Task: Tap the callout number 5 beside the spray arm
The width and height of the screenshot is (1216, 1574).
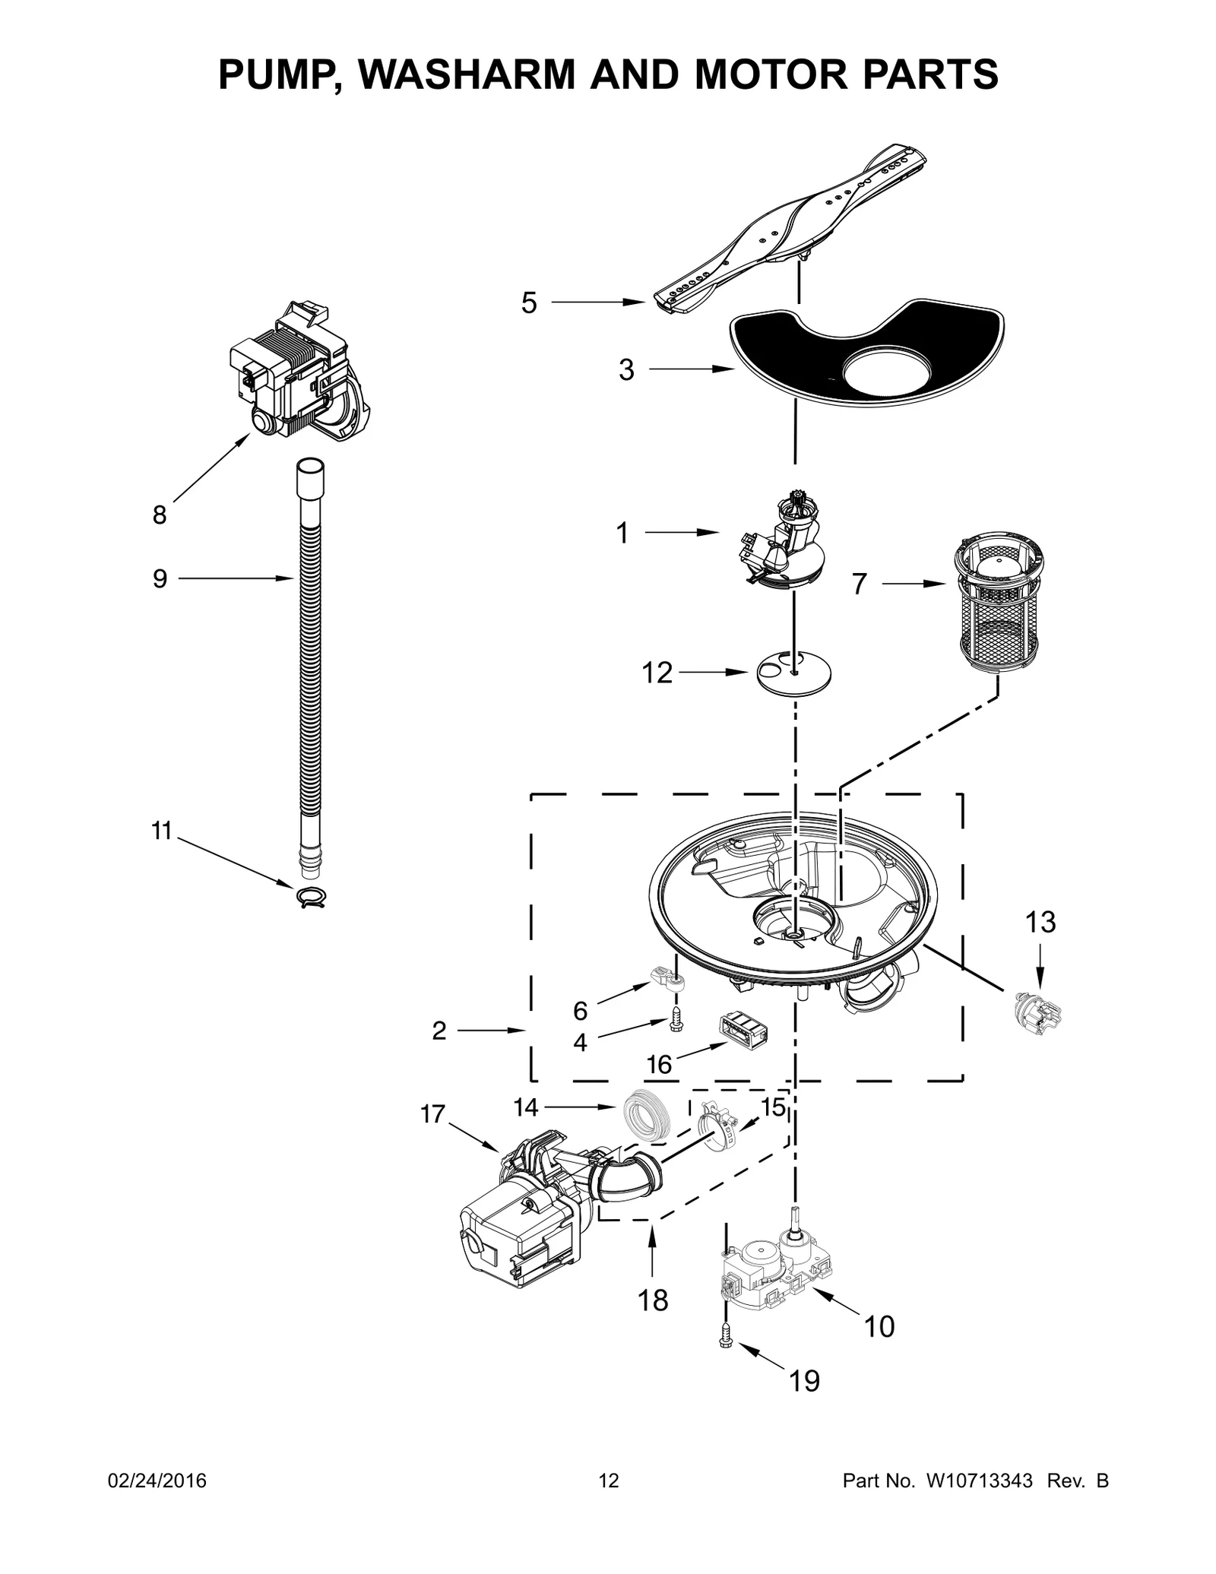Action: (x=529, y=303)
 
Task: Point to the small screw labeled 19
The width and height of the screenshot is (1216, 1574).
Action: (x=726, y=1343)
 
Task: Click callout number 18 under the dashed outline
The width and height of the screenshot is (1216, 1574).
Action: (x=653, y=1300)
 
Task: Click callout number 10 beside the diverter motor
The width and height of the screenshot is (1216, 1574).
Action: (x=879, y=1327)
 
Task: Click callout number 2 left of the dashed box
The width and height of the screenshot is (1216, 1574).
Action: (x=439, y=1031)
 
